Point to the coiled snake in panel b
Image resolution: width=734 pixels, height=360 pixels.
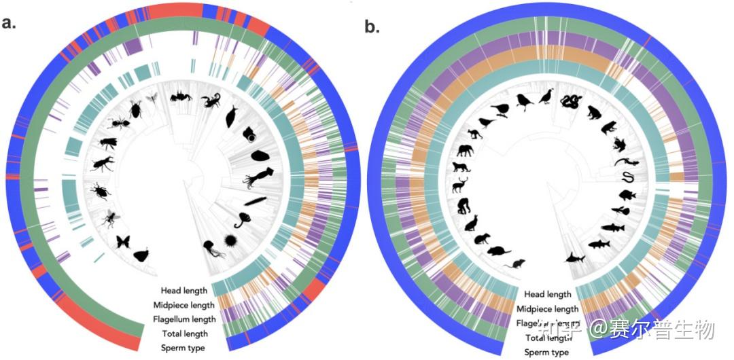pyautogui.click(x=569, y=102)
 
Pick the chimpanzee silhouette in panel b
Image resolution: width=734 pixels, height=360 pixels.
pyautogui.click(x=464, y=205)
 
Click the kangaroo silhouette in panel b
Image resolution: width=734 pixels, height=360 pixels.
pyautogui.click(x=471, y=222)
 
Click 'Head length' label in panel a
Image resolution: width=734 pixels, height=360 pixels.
pyautogui.click(x=184, y=291)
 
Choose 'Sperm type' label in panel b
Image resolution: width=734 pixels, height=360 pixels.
pyautogui.click(x=546, y=352)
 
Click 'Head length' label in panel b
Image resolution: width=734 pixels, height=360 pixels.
pyautogui.click(x=548, y=294)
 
